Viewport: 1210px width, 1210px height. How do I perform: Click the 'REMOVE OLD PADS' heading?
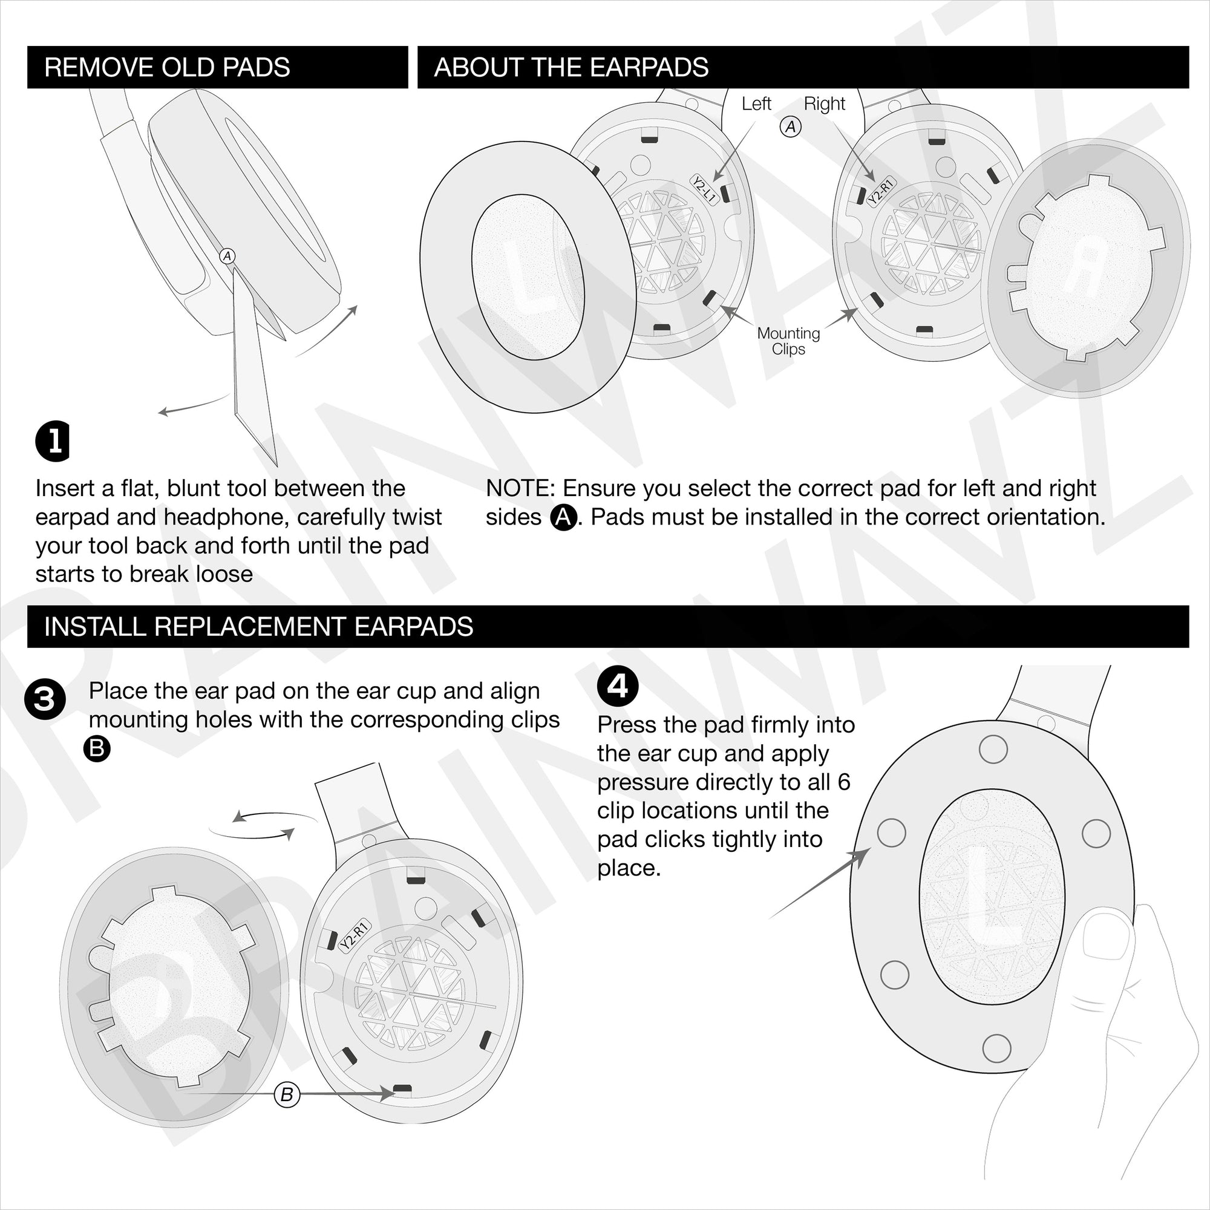pos(166,67)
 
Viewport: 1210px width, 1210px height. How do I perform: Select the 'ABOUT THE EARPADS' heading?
pos(571,67)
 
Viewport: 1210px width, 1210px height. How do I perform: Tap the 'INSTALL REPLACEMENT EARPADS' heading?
pos(258,626)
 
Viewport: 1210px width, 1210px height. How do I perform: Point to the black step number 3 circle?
pos(44,699)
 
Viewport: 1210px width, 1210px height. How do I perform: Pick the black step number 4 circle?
pos(618,687)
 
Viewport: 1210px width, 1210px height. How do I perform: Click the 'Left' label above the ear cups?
pos(756,103)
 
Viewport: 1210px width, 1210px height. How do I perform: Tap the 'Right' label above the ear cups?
pos(824,103)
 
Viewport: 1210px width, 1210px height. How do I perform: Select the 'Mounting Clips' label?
pos(788,341)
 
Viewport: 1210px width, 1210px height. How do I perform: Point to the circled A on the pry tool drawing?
pos(227,255)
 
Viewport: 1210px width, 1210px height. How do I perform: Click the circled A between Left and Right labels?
pos(790,127)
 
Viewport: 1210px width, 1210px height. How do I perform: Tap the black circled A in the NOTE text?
pos(563,517)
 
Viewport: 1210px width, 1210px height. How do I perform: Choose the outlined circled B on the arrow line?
pos(287,1095)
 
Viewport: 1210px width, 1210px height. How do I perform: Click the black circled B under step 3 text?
pos(97,749)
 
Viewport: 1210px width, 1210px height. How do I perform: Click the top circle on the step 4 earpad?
pos(993,749)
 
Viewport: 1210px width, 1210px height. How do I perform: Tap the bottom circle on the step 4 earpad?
pos(996,1047)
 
